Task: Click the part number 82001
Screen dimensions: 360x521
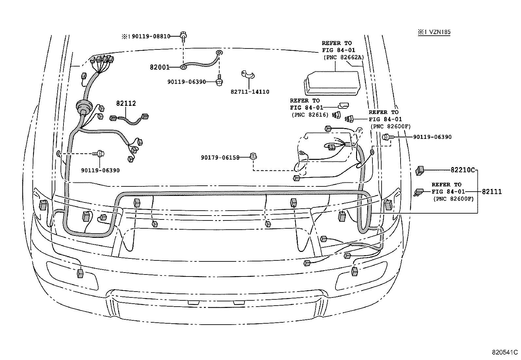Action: [159, 67]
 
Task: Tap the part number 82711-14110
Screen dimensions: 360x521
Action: [250, 92]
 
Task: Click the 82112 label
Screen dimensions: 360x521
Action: [126, 104]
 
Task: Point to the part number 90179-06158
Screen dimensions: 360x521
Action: [220, 158]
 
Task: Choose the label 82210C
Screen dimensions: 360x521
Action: [462, 170]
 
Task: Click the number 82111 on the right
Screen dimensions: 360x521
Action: [491, 192]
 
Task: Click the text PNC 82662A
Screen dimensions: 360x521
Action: [343, 57]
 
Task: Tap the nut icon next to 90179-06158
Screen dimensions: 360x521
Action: [252, 156]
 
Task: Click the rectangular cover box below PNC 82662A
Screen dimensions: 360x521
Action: [331, 85]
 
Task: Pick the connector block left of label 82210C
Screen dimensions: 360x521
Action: [420, 170]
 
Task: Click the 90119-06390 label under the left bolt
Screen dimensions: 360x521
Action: [100, 170]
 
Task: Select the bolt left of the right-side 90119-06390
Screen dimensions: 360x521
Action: [386, 137]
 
